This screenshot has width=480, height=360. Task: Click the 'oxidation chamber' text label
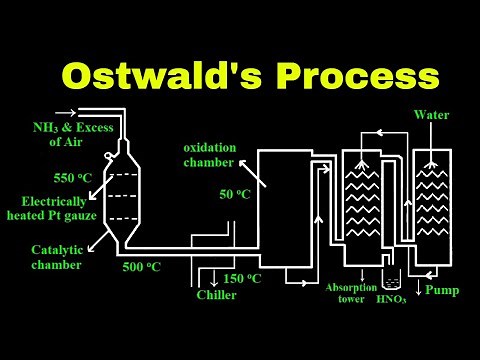tap(210, 155)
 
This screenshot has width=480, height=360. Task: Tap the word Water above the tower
tap(432, 115)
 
